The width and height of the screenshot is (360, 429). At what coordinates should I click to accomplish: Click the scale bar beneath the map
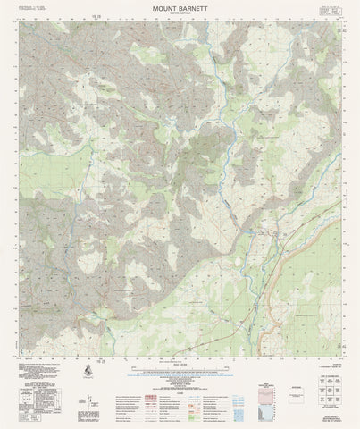(x=180, y=374)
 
